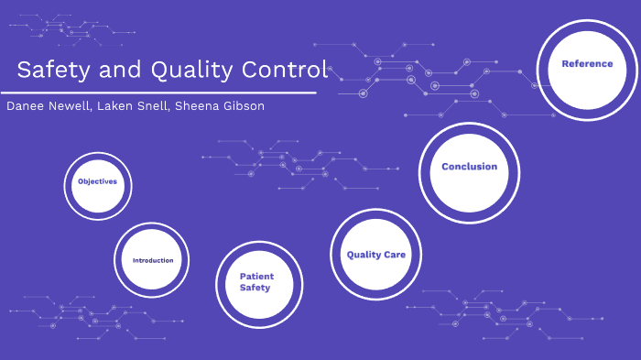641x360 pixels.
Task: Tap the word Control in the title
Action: (x=284, y=70)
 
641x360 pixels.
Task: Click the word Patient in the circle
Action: (x=256, y=276)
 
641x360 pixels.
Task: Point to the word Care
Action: (x=395, y=255)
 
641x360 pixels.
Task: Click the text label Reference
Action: (x=587, y=64)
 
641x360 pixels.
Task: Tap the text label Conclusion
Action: (x=469, y=167)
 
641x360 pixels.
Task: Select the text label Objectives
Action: (x=97, y=181)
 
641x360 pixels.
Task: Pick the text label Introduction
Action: (x=152, y=261)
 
